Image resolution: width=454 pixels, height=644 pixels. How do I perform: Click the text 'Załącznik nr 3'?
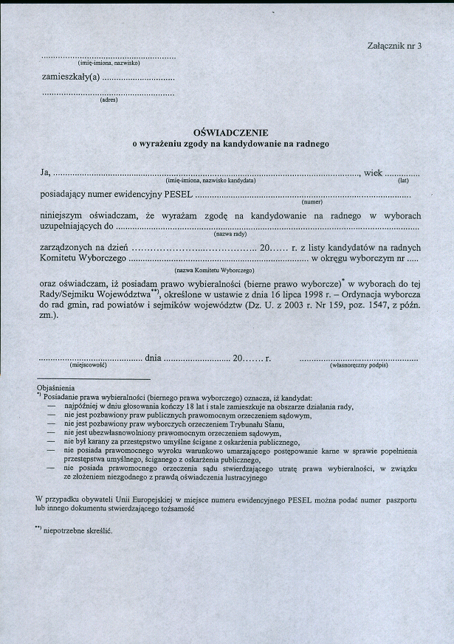(393, 46)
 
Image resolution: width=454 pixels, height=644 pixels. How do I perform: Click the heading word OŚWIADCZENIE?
(230, 132)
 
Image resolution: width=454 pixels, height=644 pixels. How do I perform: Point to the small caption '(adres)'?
(109, 100)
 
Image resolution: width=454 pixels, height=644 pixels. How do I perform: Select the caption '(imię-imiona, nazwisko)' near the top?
(109, 63)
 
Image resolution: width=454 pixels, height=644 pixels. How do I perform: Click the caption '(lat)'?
(403, 181)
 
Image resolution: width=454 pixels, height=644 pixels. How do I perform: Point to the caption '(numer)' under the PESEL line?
(313, 202)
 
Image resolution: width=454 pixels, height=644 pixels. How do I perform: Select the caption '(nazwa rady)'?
(230, 233)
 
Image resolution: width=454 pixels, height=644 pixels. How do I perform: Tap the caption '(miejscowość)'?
(88, 365)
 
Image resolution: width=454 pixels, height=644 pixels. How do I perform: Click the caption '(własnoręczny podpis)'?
(359, 365)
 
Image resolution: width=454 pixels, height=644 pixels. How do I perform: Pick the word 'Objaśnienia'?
(55, 387)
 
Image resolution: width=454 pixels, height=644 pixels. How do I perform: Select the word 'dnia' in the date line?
(154, 358)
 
